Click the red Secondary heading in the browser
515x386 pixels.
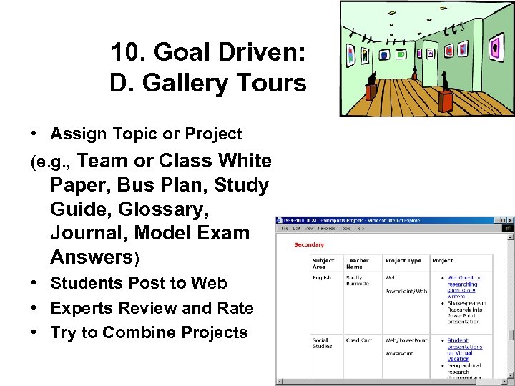(x=309, y=245)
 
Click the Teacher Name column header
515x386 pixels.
(x=358, y=263)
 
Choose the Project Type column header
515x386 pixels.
(x=403, y=261)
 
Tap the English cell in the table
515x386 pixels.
(x=322, y=277)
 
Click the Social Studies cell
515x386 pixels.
(x=323, y=343)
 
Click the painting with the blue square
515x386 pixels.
(x=384, y=54)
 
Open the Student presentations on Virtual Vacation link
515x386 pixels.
(x=464, y=350)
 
